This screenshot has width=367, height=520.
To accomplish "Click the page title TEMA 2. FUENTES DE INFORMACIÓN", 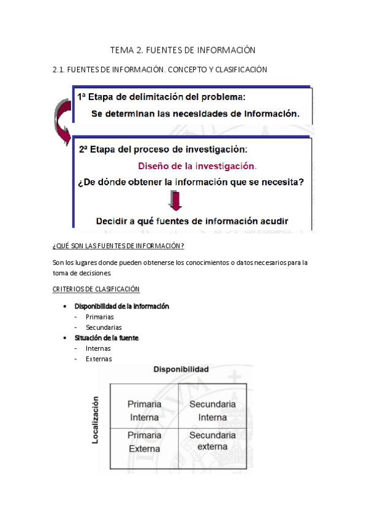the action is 182,49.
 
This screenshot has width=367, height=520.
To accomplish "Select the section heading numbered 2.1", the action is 161,70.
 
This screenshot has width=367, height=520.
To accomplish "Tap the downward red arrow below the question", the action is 176,201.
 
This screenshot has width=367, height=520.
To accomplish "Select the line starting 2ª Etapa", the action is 163,149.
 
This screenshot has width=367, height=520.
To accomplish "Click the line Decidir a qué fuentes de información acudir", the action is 192,221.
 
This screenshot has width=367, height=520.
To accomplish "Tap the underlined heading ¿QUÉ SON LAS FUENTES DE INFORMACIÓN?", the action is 119,246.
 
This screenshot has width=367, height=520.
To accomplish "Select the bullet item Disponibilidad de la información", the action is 121,306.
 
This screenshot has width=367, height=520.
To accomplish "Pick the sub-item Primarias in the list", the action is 100,317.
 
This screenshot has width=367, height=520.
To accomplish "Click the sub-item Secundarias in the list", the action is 104,327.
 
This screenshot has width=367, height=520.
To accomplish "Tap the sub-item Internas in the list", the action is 98,348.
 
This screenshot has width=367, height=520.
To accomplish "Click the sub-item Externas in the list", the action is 99,359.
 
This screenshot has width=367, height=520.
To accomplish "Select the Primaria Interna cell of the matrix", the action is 144,410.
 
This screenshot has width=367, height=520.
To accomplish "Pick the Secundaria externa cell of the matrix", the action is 212,440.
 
